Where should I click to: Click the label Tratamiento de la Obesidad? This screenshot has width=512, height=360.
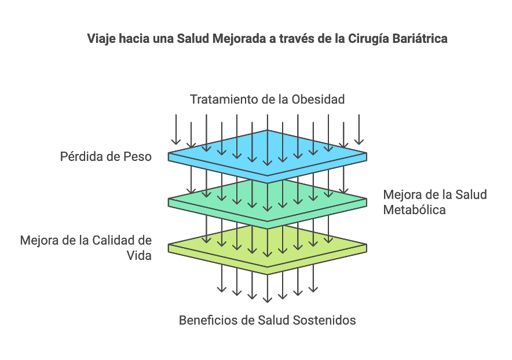point(267,100)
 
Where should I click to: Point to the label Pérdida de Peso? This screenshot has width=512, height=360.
point(106,156)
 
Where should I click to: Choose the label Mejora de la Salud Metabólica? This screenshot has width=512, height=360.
point(434,202)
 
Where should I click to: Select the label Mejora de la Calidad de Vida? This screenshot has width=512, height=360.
point(86,247)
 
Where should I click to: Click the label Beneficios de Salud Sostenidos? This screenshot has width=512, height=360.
point(267,320)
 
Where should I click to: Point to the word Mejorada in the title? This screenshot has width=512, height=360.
point(239,39)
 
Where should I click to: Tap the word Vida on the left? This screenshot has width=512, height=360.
point(139,255)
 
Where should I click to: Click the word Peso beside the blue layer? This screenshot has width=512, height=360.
point(138,156)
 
